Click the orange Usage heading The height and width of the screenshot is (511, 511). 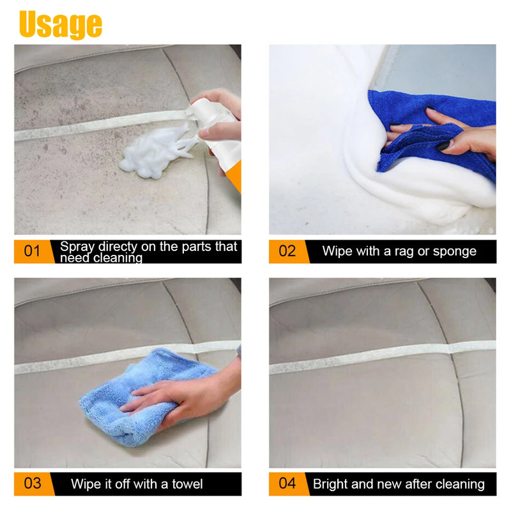(61, 24)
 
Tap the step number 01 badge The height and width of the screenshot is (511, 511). (32, 251)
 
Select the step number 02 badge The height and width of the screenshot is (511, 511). (287, 251)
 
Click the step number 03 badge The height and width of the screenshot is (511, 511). (32, 484)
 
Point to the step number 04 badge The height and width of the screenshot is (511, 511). (287, 484)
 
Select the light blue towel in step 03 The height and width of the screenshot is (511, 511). (128, 396)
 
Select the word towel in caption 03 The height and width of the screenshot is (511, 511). (186, 484)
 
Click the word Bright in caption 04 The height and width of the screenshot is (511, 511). (332, 484)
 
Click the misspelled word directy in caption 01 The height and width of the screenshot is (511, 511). (128, 247)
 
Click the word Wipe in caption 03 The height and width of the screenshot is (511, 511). (86, 484)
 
